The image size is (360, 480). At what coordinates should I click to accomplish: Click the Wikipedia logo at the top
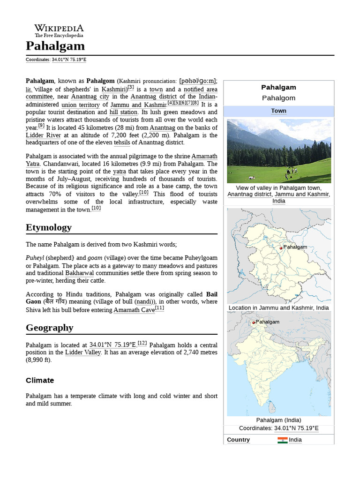tap(59, 30)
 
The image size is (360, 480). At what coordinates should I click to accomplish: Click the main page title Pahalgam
tap(55, 46)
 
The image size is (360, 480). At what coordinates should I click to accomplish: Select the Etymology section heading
tap(49, 227)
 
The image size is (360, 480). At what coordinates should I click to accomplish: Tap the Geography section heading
tap(50, 328)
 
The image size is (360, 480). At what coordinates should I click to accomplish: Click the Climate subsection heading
tap(40, 380)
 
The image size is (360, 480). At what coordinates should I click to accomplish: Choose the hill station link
tap(124, 112)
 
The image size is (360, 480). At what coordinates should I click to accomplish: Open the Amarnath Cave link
tap(134, 310)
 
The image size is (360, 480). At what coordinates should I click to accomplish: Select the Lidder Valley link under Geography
tap(83, 352)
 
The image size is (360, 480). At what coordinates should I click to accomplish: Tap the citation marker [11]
tap(160, 308)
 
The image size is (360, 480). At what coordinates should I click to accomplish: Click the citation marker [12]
tap(142, 343)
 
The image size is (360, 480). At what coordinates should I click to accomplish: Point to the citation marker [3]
tap(131, 87)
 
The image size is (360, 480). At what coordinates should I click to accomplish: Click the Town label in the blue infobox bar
tap(278, 111)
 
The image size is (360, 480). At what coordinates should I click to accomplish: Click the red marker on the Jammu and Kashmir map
tap(281, 248)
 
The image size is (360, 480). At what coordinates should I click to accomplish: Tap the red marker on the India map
tap(254, 322)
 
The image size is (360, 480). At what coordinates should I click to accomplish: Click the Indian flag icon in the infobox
tap(282, 440)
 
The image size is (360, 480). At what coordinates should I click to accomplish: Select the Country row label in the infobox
tap(238, 440)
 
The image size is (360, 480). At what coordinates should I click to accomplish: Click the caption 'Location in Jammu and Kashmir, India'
tap(278, 308)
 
